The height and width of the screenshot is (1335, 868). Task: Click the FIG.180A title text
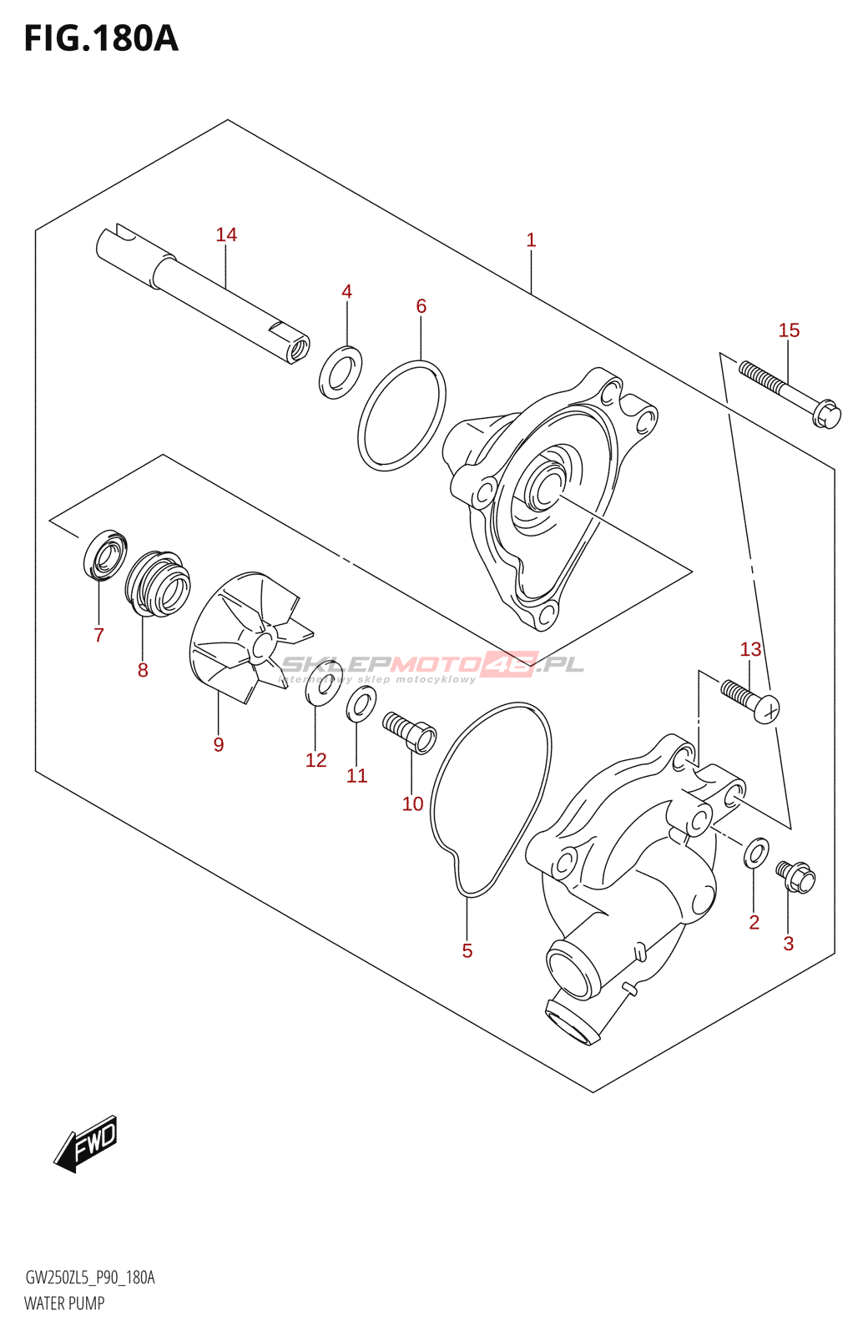(101, 39)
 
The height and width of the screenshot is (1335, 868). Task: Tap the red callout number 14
(226, 235)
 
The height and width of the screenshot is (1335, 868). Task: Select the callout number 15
(789, 330)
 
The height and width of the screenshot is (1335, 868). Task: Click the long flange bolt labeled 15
(790, 395)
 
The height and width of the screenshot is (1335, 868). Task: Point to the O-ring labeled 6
(401, 415)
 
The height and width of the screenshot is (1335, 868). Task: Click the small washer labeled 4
(341, 372)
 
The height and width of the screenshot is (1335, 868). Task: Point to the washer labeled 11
(361, 705)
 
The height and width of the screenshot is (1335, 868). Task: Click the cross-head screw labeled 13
(751, 701)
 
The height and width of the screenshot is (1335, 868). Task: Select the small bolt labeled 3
(795, 875)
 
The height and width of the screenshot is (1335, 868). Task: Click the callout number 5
(467, 951)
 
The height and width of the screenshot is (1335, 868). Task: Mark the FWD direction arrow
(87, 1143)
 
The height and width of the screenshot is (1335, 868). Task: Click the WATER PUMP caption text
(64, 1303)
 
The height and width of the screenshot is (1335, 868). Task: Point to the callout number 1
(531, 240)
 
